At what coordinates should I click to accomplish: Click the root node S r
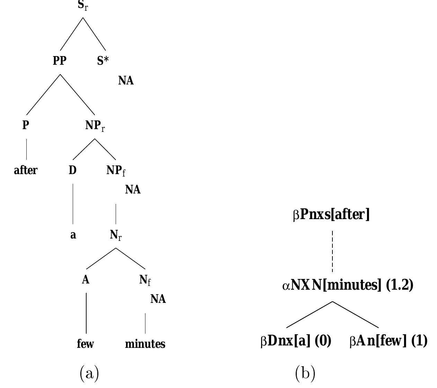tap(83, 6)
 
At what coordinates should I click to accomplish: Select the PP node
tap(60, 61)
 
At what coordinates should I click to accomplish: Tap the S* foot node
tap(103, 61)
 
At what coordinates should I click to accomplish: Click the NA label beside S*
tap(126, 81)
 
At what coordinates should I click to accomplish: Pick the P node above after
tap(26, 125)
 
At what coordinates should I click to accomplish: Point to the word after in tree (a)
tap(26, 170)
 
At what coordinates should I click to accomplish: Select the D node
tap(72, 170)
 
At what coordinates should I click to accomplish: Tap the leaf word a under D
tap(73, 235)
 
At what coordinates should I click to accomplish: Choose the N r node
tap(116, 235)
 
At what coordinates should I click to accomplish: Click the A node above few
tap(86, 280)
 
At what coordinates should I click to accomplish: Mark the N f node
tap(145, 280)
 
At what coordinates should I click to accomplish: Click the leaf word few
tap(85, 344)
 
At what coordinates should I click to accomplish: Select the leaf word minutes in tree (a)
tap(145, 344)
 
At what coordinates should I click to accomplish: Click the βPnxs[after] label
tap(331, 215)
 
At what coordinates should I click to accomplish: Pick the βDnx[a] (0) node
tap(296, 341)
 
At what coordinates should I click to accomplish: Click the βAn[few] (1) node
tap(389, 341)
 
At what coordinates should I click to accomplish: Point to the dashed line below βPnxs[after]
tap(332, 251)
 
